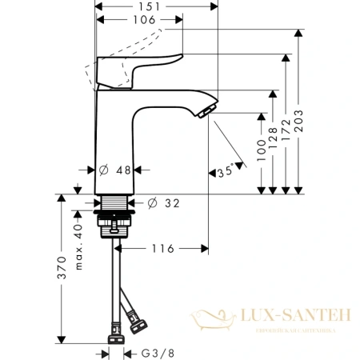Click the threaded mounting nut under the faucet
coord(116,222)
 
